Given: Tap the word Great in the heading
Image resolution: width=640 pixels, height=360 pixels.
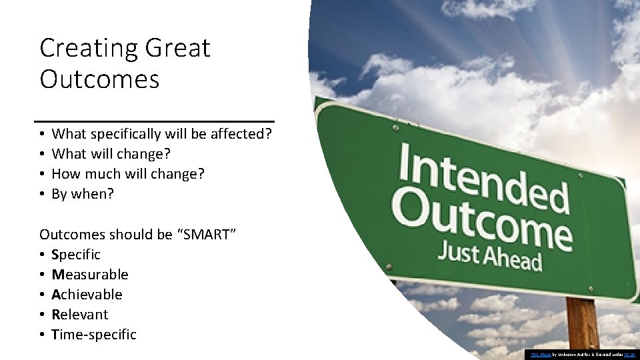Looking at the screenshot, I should point(177,49).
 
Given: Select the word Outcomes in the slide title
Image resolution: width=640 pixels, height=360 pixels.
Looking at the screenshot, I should point(99,79).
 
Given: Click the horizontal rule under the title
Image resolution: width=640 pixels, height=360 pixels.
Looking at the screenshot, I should point(155,121).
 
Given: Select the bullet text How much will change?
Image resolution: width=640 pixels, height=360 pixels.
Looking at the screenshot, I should point(128,174).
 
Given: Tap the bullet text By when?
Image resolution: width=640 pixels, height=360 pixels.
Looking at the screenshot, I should point(83,194).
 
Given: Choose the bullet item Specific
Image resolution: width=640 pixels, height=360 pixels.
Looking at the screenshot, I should point(75,255).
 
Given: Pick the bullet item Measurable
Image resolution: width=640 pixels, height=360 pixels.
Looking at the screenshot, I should point(89,275).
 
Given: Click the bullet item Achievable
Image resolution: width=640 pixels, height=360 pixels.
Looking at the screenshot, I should point(87,295).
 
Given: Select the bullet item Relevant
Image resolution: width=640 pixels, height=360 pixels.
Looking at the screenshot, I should point(79,315).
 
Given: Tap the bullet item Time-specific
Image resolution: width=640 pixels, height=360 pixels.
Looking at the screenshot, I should point(93,335).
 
